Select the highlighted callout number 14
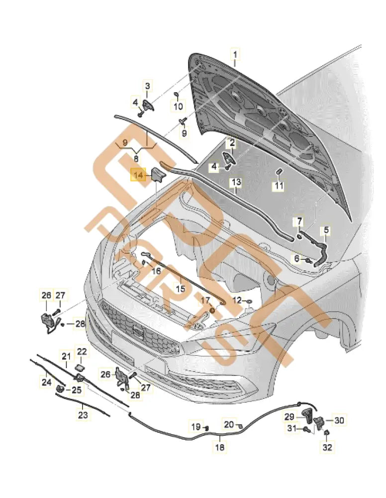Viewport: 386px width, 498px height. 138,175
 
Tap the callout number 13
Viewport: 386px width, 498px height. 235,183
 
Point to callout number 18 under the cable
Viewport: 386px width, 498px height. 219,448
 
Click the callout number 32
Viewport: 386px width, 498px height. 327,448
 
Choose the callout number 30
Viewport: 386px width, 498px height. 338,420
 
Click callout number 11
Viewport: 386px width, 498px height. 279,186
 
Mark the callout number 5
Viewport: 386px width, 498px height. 326,230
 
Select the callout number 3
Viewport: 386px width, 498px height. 147,87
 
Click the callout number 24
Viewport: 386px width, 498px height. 46,382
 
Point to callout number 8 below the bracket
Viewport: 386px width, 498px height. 136,158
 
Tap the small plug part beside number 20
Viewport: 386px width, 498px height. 241,426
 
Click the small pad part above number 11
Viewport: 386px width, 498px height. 279,173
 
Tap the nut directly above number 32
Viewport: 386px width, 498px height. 326,434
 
